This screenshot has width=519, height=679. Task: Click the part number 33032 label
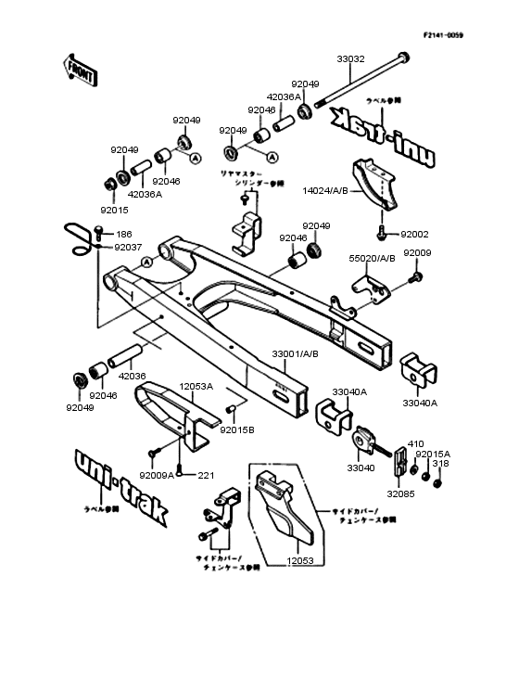click(350, 58)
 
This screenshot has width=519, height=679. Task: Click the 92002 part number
click(415, 236)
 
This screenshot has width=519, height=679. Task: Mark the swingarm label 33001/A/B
click(295, 353)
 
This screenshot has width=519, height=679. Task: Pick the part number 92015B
click(237, 429)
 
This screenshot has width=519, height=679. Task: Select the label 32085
click(400, 494)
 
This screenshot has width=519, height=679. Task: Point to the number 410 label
click(415, 444)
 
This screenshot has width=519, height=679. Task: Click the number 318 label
click(441, 464)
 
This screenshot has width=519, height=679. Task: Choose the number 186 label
click(123, 236)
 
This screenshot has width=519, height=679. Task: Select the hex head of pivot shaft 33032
click(402, 57)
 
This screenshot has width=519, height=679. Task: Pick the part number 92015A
click(432, 455)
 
